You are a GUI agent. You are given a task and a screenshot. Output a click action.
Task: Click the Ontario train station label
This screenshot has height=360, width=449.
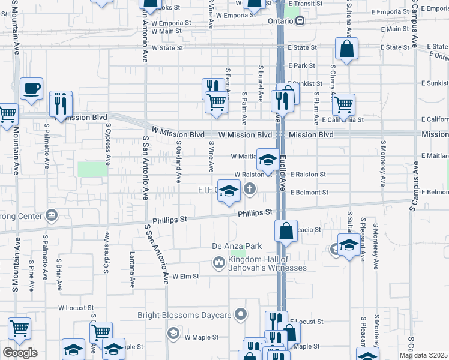(280, 21)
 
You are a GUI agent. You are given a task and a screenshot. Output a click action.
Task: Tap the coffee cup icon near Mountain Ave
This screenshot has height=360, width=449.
(31, 89)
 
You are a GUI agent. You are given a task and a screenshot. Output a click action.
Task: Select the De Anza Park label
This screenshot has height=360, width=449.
(237, 246)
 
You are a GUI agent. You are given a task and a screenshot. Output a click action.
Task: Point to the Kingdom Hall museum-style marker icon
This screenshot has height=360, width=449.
(218, 263)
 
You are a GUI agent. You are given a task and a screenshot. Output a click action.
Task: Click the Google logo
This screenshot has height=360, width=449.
(20, 352)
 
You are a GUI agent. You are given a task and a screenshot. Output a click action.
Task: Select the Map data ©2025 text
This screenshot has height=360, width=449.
(424, 355)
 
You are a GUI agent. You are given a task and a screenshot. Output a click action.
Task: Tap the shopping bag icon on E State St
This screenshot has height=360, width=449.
(347, 49)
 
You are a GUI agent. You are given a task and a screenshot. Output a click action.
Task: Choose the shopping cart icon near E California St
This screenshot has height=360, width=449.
(343, 104)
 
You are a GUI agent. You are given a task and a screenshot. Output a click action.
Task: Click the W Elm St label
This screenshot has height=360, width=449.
(185, 277)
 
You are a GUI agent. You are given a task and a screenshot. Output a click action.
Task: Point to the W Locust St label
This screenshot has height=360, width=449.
(76, 307)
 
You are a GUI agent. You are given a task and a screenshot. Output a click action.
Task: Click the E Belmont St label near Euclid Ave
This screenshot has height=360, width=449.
(309, 193)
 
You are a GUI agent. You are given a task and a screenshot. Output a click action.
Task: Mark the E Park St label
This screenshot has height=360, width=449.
(301, 65)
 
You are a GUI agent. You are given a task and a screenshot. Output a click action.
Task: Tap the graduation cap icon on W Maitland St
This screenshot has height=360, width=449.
(268, 160)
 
